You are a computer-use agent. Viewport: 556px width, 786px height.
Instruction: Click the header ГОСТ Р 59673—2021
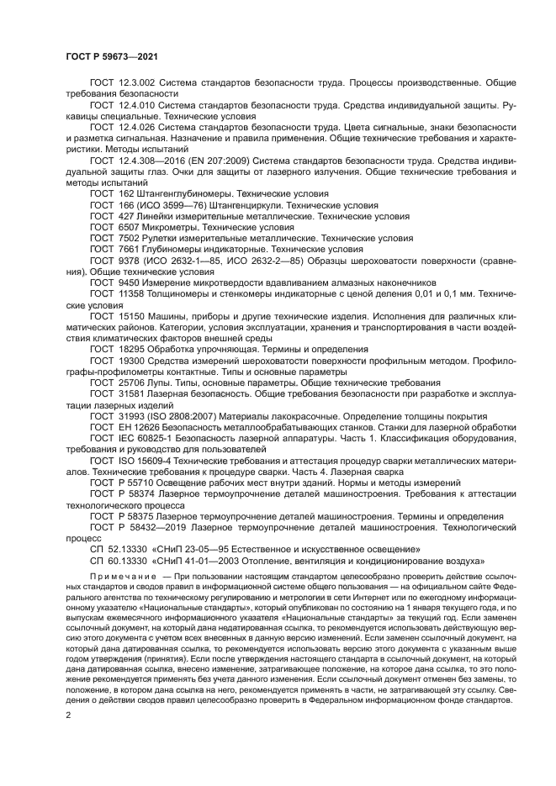click(113, 55)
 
